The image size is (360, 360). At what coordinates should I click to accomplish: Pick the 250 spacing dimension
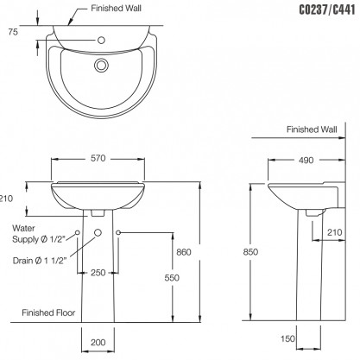point(98,273)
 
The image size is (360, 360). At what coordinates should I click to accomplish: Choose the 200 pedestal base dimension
point(98,343)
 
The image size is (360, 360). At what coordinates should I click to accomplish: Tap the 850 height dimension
point(249,252)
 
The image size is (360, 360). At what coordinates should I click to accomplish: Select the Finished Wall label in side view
point(313,129)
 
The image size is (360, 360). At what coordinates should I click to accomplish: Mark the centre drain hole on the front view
point(98,233)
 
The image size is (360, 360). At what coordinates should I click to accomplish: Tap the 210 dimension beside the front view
point(7,198)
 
